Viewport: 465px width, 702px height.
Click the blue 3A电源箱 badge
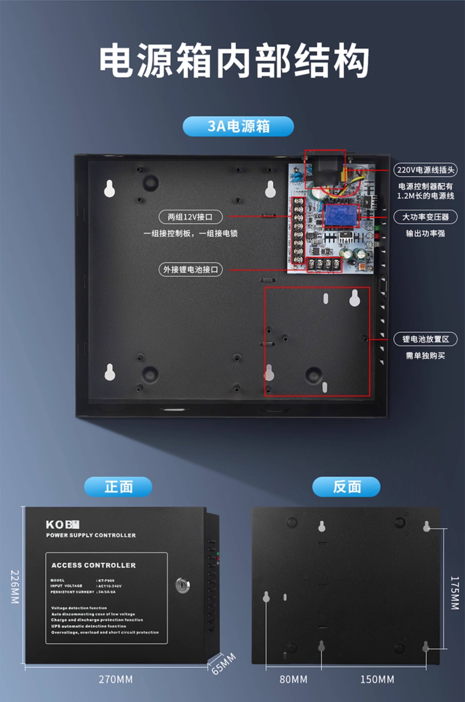238,126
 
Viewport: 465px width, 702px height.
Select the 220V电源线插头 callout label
425,170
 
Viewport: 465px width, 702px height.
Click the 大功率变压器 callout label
425,217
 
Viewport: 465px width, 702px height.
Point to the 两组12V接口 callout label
190,217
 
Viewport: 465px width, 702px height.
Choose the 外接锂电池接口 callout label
190,270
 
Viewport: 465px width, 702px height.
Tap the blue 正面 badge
118,487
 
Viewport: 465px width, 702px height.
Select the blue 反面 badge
346,487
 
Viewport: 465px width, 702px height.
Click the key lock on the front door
183,585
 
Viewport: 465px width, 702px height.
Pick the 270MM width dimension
116,679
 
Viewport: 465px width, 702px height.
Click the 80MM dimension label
293,679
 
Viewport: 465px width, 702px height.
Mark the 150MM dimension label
377,679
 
